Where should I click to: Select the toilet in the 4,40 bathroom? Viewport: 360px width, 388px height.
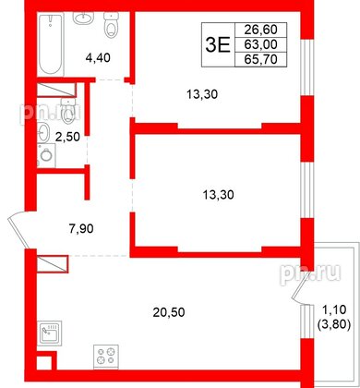point(112,28)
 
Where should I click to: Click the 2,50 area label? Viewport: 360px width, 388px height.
point(68,139)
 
